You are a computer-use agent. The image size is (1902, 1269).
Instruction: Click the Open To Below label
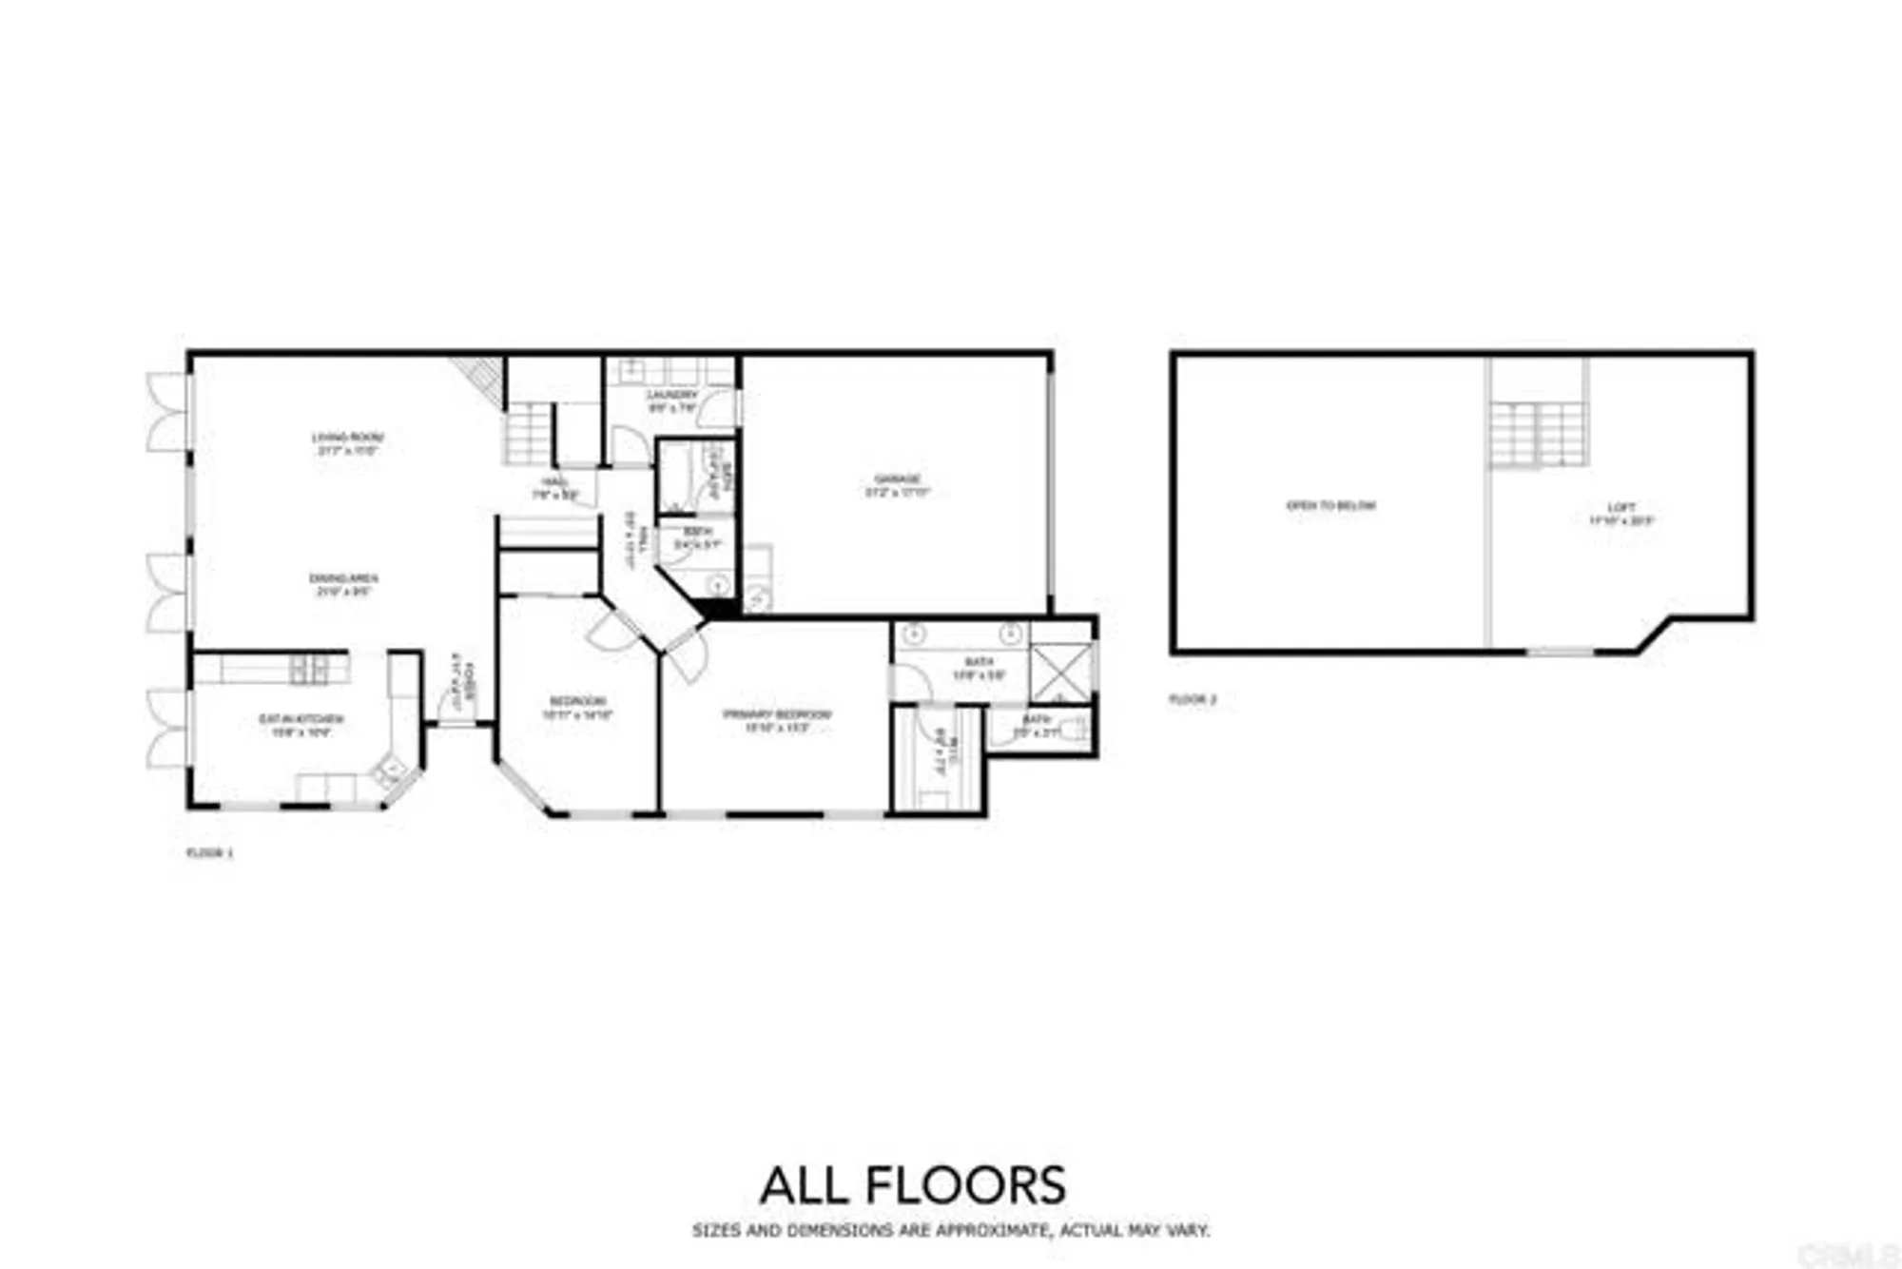tap(1330, 506)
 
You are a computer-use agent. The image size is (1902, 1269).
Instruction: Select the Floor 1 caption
tap(209, 853)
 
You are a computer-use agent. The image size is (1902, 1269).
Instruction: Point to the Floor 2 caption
tap(1193, 699)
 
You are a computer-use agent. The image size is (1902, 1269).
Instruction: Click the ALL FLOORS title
tap(913, 1186)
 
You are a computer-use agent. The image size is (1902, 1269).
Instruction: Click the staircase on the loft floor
tap(1538, 435)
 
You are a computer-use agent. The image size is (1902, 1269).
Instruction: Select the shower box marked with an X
tap(1060, 673)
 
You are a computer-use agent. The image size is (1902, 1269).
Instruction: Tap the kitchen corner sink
tap(391, 767)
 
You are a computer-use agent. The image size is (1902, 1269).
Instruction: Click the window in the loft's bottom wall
tap(1560, 652)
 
